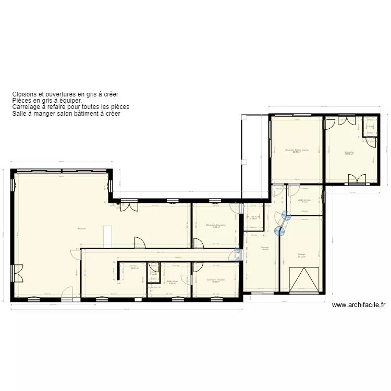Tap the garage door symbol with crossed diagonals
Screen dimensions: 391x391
(x=303, y=279)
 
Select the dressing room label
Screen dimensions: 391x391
(x=349, y=152)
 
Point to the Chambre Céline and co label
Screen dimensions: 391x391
(x=297, y=150)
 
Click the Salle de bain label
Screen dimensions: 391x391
(x=304, y=200)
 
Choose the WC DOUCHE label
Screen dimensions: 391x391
(x=253, y=216)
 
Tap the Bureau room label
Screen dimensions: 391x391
(x=265, y=248)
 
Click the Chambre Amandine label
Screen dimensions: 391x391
(x=215, y=225)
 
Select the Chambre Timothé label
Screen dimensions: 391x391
(x=215, y=280)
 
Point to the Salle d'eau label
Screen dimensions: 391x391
(x=172, y=282)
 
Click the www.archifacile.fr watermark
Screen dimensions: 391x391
(x=358, y=306)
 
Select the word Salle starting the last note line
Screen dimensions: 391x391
(x=19, y=113)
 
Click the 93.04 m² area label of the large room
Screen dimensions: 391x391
(x=81, y=228)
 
